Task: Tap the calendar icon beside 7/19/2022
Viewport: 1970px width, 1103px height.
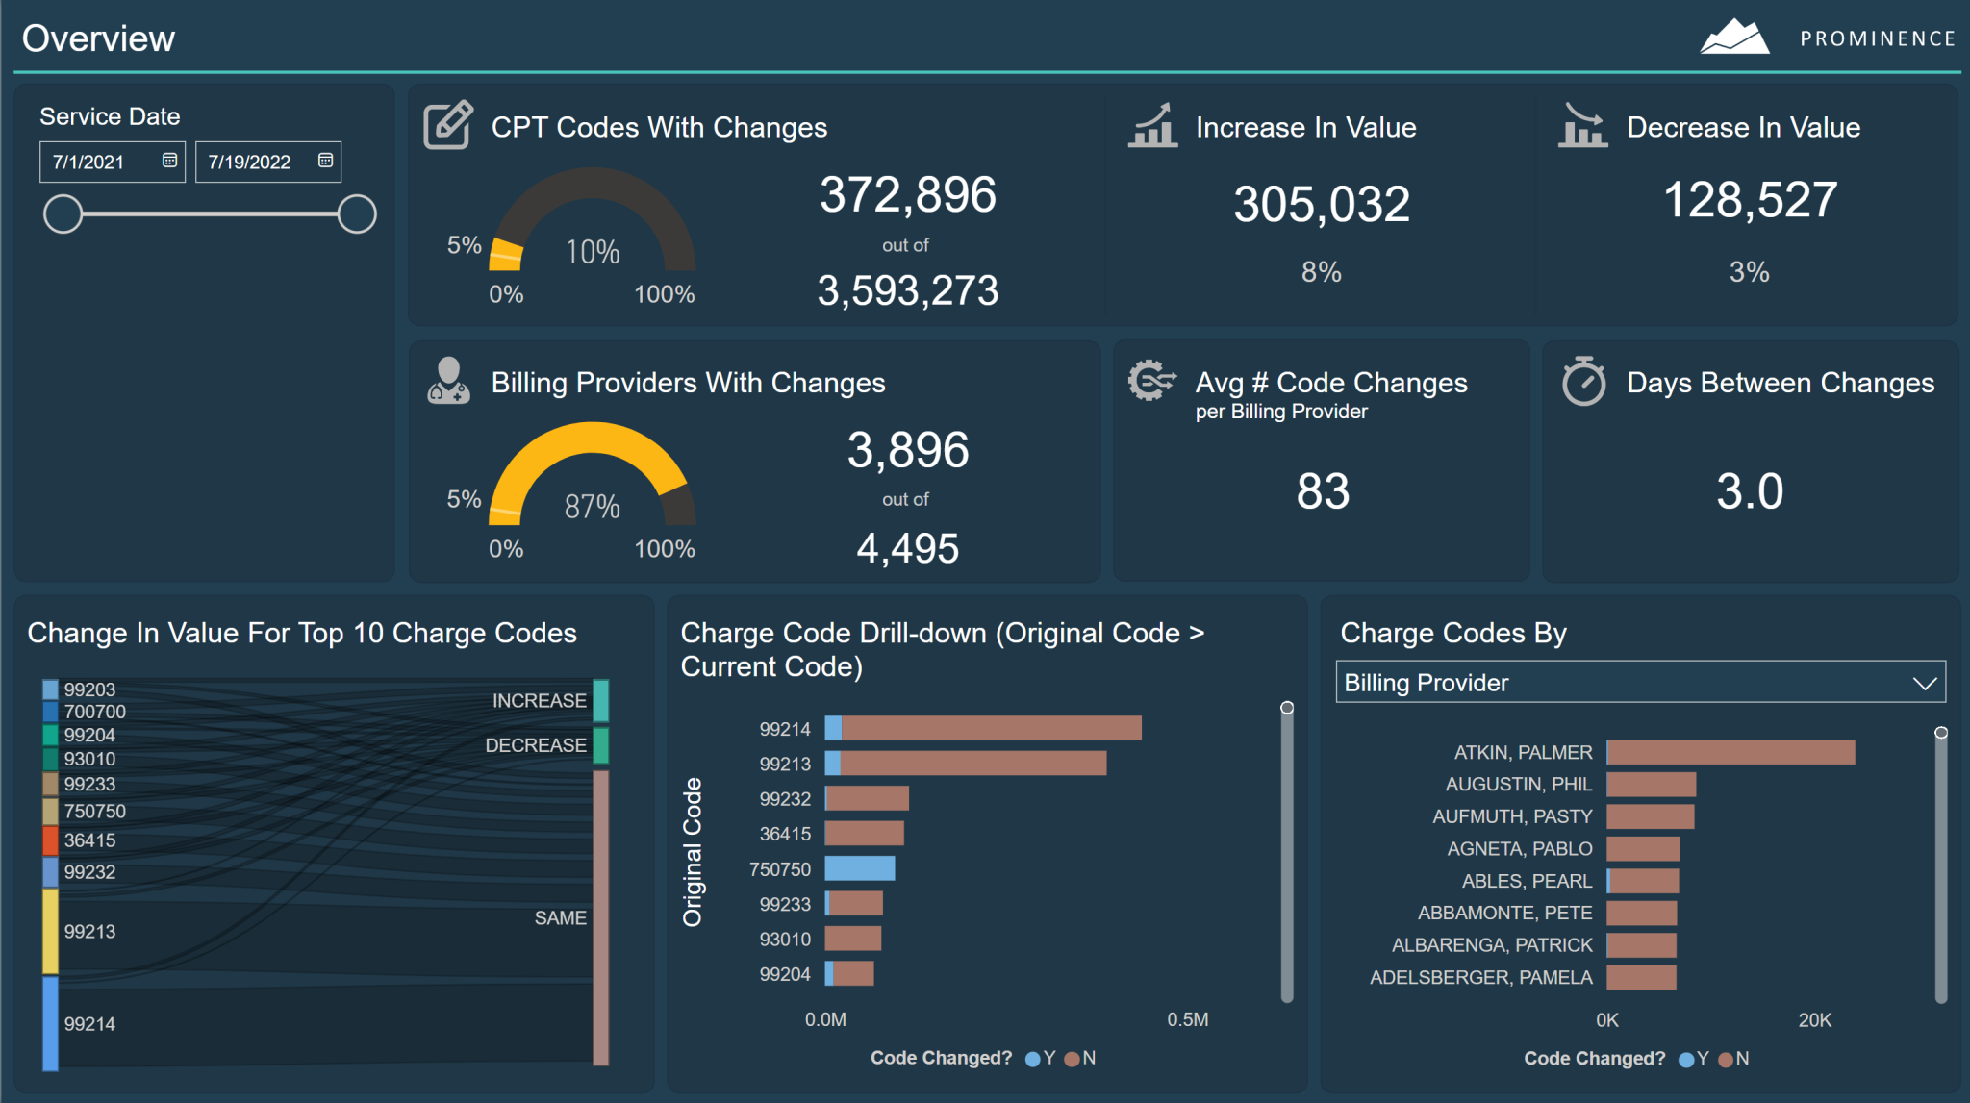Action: tap(325, 161)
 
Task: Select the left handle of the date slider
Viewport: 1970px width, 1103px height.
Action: tap(63, 213)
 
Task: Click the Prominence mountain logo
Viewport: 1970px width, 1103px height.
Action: tap(1734, 38)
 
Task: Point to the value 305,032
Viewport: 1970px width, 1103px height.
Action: tap(1322, 204)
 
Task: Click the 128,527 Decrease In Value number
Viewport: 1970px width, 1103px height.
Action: tap(1750, 200)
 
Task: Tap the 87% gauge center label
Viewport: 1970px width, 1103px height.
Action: tap(593, 506)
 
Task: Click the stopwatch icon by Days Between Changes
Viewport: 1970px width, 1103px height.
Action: tap(1583, 382)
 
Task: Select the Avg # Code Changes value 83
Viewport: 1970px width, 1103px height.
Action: tap(1323, 491)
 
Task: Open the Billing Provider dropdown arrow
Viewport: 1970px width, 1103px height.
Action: tap(1924, 683)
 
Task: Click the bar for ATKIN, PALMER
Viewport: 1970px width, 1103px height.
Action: tap(1730, 752)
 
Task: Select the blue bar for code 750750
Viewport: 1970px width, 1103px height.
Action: tap(860, 868)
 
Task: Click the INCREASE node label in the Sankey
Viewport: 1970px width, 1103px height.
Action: tap(539, 700)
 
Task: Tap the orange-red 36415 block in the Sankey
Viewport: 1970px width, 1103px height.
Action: tap(50, 840)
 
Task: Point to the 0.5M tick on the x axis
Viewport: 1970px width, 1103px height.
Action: tap(1187, 1019)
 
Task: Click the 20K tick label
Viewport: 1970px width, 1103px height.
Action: tap(1814, 1019)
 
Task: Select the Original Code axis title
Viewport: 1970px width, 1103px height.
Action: tap(692, 851)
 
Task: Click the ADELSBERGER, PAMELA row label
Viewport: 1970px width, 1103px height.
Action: tap(1480, 977)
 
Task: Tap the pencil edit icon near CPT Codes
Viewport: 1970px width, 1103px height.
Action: tap(448, 125)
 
